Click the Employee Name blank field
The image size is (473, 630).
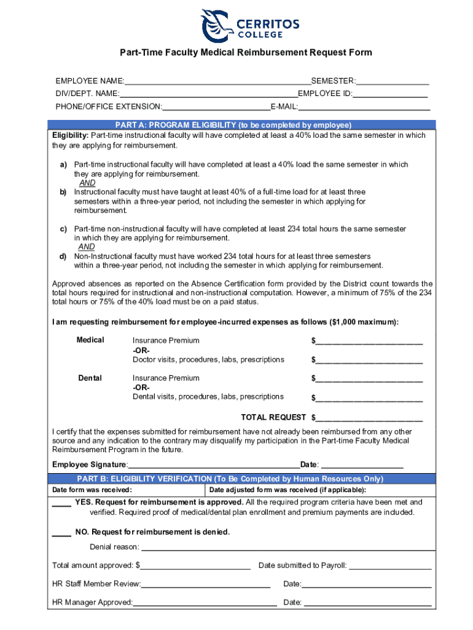tap(217, 82)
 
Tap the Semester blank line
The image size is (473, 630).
tap(393, 82)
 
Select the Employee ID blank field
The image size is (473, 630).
tap(390, 94)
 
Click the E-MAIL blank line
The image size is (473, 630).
tap(364, 107)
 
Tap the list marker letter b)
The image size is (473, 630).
tap(63, 192)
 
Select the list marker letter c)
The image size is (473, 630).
tap(63, 229)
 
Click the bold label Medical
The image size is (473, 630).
tap(90, 340)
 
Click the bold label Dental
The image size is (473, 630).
tap(90, 378)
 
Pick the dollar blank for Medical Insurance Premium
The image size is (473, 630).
tap(369, 341)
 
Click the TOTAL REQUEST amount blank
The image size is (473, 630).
tap(369, 418)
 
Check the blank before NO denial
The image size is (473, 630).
tap(61, 533)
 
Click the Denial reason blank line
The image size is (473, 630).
tap(288, 548)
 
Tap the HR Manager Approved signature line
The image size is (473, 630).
tap(205, 603)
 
